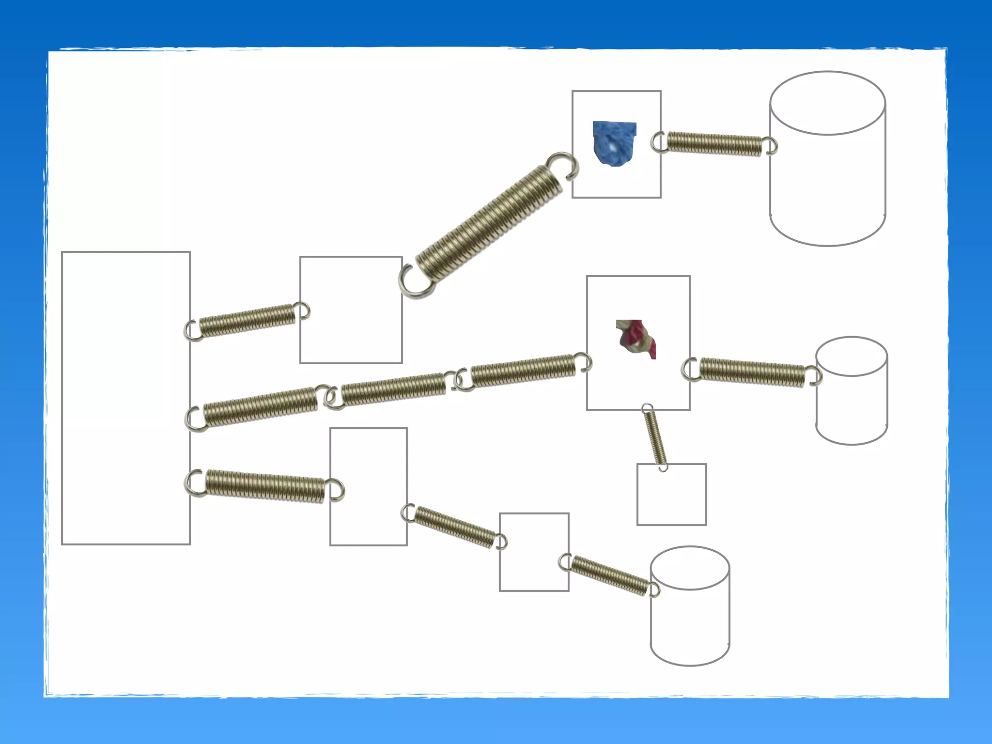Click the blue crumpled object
click(x=614, y=143)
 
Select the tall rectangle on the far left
click(x=125, y=398)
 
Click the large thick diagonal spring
click(x=489, y=223)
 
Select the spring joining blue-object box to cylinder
click(x=714, y=144)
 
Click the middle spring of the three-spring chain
click(x=393, y=388)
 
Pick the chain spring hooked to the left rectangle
click(x=260, y=407)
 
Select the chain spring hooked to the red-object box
click(x=523, y=371)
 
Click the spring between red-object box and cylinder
click(x=752, y=372)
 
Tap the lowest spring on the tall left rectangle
click(x=264, y=485)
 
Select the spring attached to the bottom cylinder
click(x=609, y=575)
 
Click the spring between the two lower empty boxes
click(x=454, y=527)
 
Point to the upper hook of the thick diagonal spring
click(x=563, y=165)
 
